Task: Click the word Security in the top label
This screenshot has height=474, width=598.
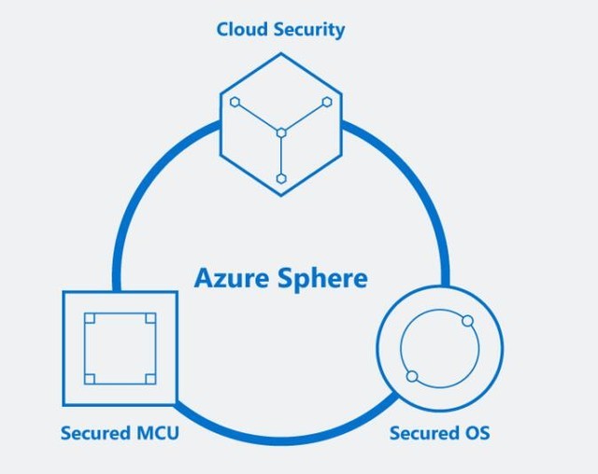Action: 308,30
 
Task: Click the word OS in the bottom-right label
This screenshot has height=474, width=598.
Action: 476,433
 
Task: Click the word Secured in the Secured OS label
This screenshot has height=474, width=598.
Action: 424,433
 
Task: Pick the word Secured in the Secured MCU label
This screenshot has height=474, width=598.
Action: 95,433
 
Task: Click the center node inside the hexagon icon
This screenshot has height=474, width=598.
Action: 280,132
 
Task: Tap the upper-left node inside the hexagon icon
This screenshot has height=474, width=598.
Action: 235,101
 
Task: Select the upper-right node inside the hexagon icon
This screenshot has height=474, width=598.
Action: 327,101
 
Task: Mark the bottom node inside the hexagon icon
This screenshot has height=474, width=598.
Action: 281,178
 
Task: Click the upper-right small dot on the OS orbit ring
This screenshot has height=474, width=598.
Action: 468,321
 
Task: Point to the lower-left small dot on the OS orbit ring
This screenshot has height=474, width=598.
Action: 411,377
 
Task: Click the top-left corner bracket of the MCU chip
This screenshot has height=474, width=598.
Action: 89,318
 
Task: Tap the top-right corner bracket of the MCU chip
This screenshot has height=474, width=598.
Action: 150,318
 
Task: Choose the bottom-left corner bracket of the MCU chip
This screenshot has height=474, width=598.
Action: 89,378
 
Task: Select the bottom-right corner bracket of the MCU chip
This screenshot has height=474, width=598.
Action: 150,378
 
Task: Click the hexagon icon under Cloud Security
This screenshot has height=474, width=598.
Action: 281,125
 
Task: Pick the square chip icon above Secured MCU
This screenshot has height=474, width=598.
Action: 120,348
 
